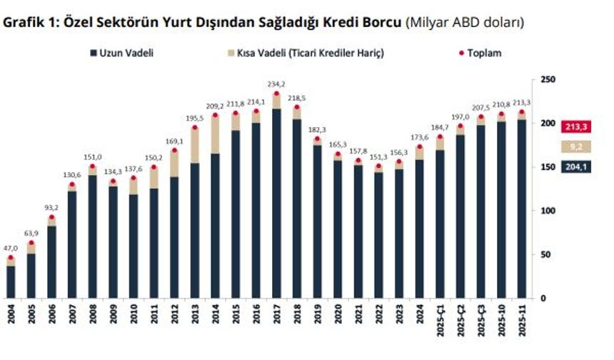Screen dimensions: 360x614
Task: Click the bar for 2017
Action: [x=276, y=207]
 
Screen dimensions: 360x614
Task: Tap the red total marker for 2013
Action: [x=193, y=128]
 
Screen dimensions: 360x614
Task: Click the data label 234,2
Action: [x=276, y=84]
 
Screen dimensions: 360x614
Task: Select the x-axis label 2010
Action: [x=133, y=321]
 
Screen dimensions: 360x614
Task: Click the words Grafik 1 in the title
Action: [x=28, y=22]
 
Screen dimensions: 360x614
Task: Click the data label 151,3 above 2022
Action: [x=378, y=157]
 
